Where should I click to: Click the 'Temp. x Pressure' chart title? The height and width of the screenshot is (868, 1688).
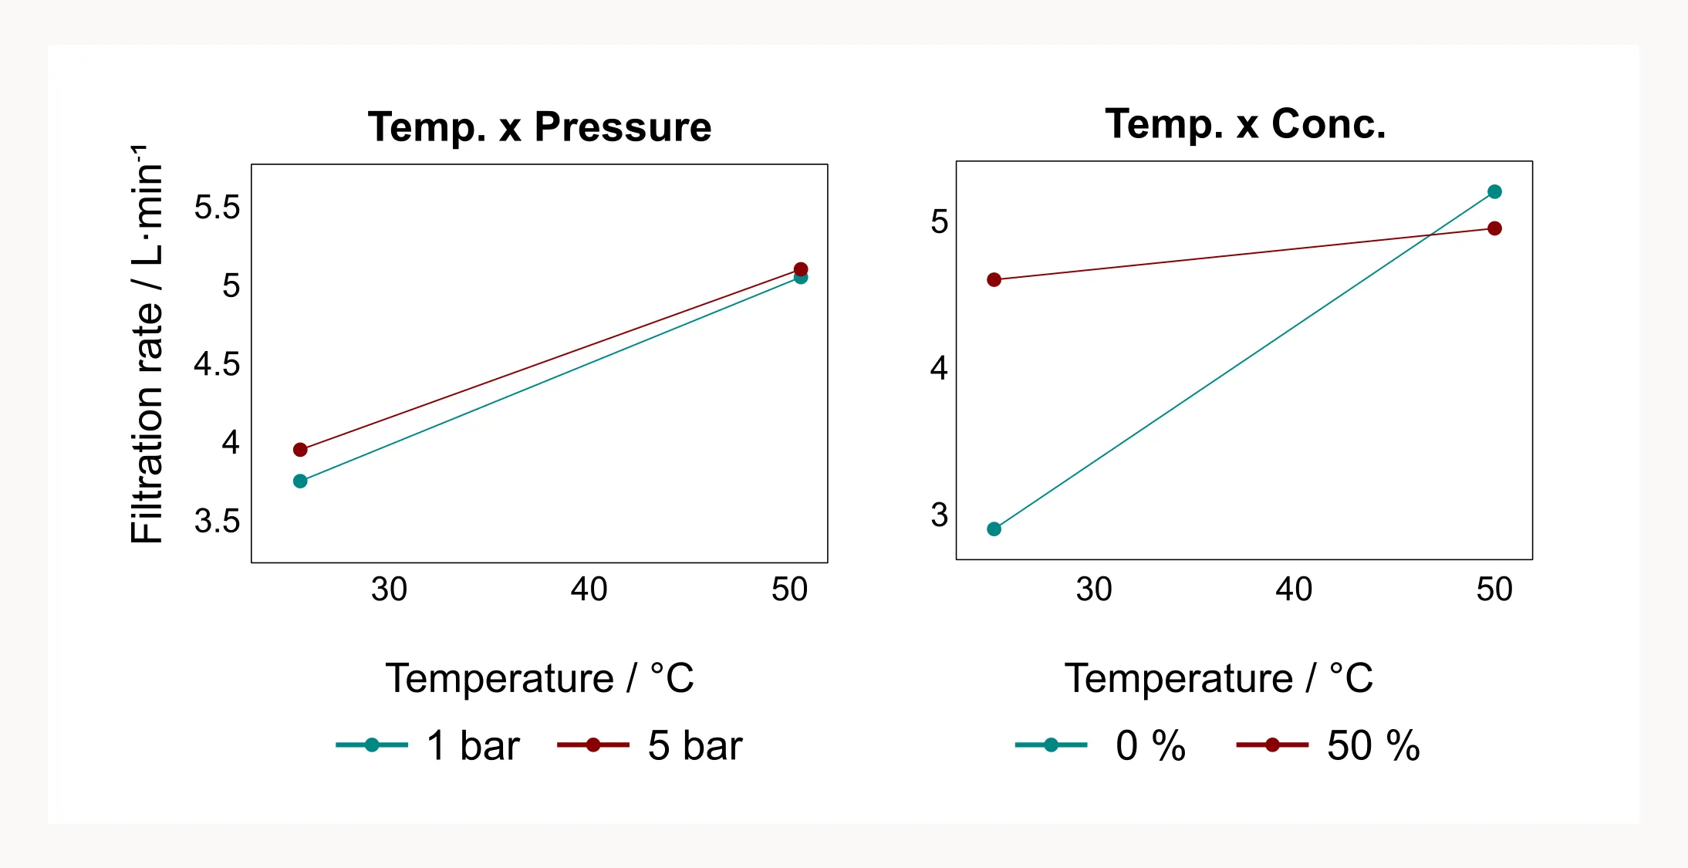pos(539,127)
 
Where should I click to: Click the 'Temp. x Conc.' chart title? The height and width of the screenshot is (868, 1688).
pos(1245,124)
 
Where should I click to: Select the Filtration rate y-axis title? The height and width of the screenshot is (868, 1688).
pos(147,344)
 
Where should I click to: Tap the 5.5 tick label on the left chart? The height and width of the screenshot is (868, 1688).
pos(217,208)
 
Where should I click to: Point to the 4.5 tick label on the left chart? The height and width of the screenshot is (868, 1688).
pos(217,364)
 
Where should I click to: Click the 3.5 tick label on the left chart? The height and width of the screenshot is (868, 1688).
pos(217,522)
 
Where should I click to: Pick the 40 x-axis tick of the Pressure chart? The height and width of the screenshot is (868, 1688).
pos(589,589)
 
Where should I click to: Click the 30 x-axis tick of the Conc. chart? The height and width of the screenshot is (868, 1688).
pos(1094,589)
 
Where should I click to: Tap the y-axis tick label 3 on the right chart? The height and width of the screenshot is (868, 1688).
pos(939,515)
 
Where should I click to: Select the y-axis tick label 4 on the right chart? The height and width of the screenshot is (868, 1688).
pos(939,368)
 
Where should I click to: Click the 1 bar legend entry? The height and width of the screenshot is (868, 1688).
pos(429,745)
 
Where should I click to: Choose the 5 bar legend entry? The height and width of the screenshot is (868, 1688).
pos(650,745)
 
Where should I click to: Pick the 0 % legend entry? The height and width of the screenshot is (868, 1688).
pos(1102,745)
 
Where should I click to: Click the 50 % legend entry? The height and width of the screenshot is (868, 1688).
pos(1328,745)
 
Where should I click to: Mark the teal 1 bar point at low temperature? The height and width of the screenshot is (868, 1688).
pos(300,481)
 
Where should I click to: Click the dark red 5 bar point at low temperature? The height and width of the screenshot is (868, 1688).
pos(300,450)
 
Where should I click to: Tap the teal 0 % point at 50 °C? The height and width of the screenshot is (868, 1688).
pos(1494,192)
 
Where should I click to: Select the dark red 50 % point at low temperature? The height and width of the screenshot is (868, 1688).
pos(994,280)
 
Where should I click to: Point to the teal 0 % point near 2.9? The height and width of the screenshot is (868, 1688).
pos(994,529)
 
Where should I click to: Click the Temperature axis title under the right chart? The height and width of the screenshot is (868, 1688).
pos(1219,679)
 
